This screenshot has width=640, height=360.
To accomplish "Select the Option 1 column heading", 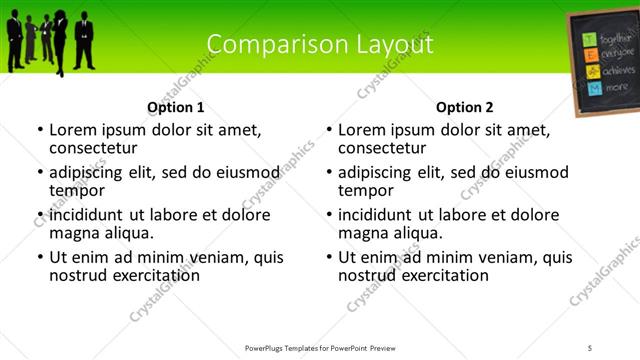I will point(176,107).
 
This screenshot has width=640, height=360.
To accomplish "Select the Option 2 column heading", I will point(465,107).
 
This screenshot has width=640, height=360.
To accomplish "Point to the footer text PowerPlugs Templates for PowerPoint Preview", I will point(320,347).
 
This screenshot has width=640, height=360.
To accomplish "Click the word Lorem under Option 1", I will point(74,130).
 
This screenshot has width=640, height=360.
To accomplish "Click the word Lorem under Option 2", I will point(363,130).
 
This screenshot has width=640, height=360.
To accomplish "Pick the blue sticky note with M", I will point(593,88).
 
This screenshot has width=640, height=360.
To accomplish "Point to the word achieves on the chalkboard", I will point(618,72).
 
